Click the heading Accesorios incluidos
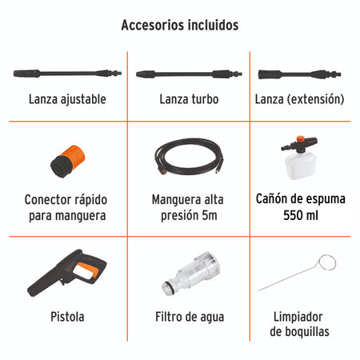coord(179,25)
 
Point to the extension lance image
coord(300,74)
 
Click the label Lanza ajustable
coord(66,100)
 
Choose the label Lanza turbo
coord(186,100)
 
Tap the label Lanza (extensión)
coord(300,100)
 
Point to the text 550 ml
coord(300,215)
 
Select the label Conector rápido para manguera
coord(66,207)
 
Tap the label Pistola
coord(66,317)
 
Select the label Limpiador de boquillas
coord(300,324)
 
